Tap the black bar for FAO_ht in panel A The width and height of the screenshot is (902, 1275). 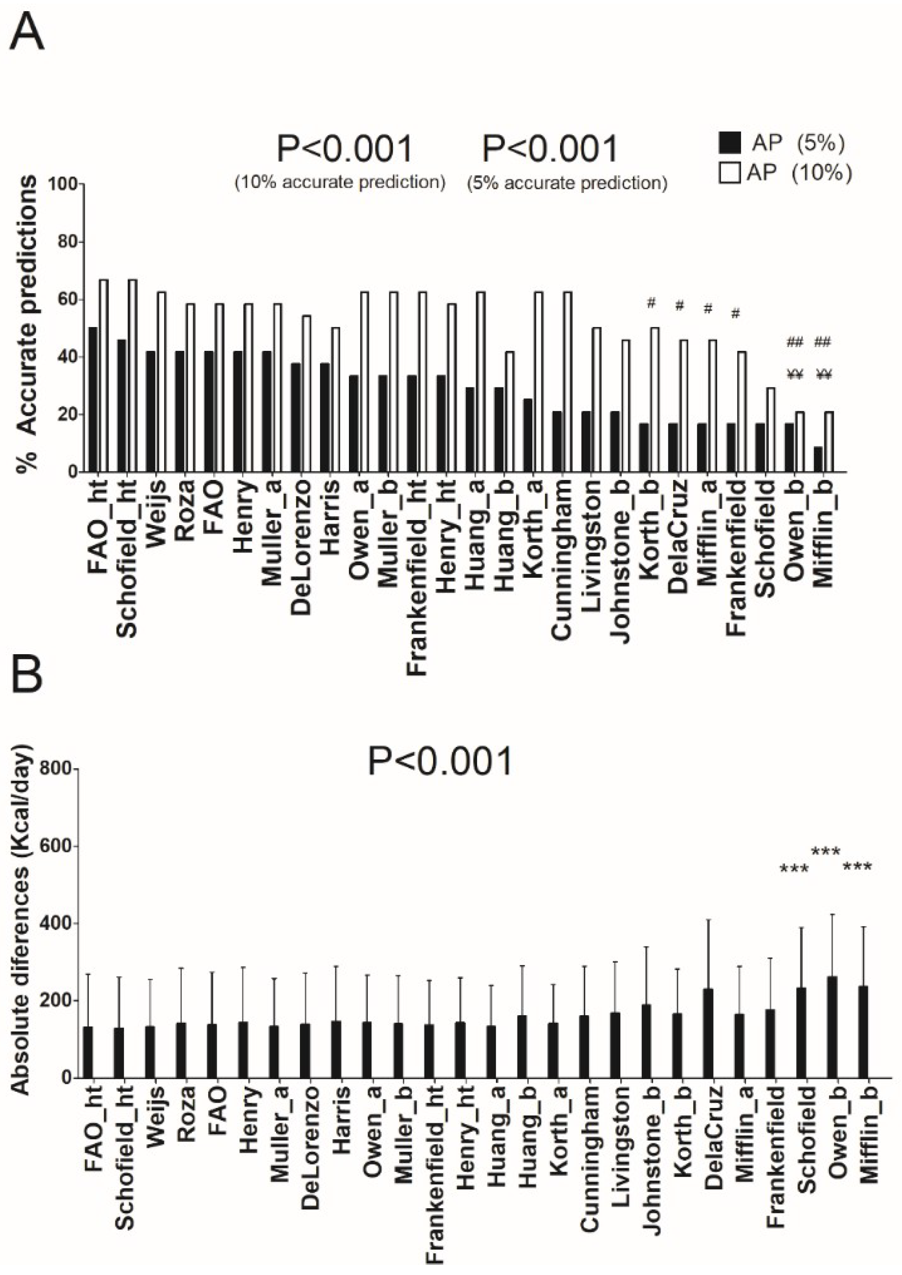tap(93, 400)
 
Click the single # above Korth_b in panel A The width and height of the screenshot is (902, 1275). tap(651, 303)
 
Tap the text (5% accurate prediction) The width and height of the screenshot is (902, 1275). tap(567, 183)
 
